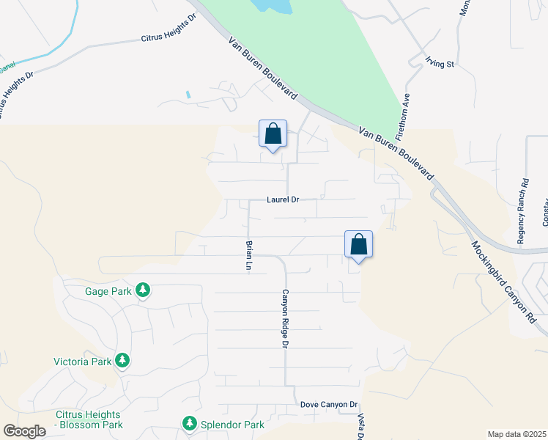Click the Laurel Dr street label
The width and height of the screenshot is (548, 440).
[x=283, y=199]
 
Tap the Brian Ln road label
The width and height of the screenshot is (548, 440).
[x=250, y=256]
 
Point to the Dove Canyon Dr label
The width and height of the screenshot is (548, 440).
[x=329, y=405]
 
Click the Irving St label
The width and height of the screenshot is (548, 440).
[x=440, y=64]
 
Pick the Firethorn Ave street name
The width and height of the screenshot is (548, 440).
[x=401, y=116]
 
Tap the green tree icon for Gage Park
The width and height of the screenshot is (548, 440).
[x=143, y=291]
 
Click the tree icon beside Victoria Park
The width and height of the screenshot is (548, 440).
[x=122, y=361]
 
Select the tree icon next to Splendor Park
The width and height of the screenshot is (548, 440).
[x=189, y=424]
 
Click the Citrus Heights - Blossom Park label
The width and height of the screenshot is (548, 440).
[x=89, y=419]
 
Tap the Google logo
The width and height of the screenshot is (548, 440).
[x=24, y=431]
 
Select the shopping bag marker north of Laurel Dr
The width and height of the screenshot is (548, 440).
[x=273, y=134]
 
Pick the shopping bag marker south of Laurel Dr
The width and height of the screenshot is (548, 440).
[x=358, y=244]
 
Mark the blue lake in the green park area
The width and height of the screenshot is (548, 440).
[x=271, y=6]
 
